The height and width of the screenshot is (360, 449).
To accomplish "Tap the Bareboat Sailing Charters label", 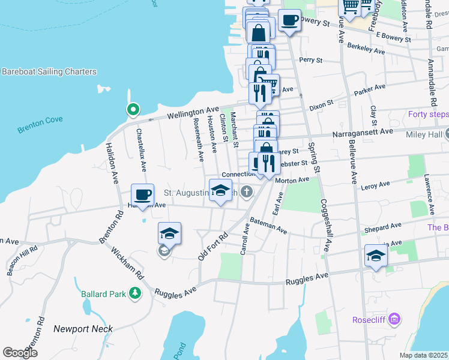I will [49, 72].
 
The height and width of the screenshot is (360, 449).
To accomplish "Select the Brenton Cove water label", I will [40, 120].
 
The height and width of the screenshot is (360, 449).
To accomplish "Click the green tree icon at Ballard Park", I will [136, 293].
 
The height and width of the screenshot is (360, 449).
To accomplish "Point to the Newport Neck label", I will [83, 329].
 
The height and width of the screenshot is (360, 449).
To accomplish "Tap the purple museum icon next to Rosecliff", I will [394, 318].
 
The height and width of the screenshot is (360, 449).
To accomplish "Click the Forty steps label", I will [427, 115].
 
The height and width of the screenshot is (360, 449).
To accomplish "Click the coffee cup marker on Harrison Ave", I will [143, 195].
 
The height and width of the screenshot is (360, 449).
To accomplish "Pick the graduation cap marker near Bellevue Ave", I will [376, 256].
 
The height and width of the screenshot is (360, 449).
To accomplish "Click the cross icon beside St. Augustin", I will [246, 192].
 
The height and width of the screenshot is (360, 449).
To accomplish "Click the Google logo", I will [20, 352].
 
